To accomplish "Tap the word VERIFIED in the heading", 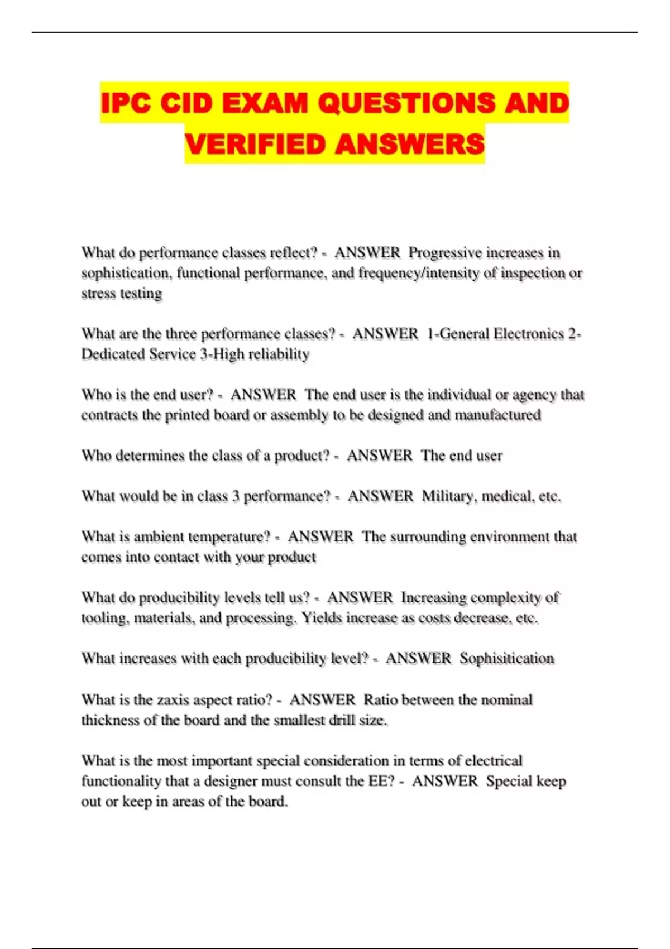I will coord(255,144).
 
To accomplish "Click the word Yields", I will coord(322,618).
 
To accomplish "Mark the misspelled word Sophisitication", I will coord(507,659).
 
